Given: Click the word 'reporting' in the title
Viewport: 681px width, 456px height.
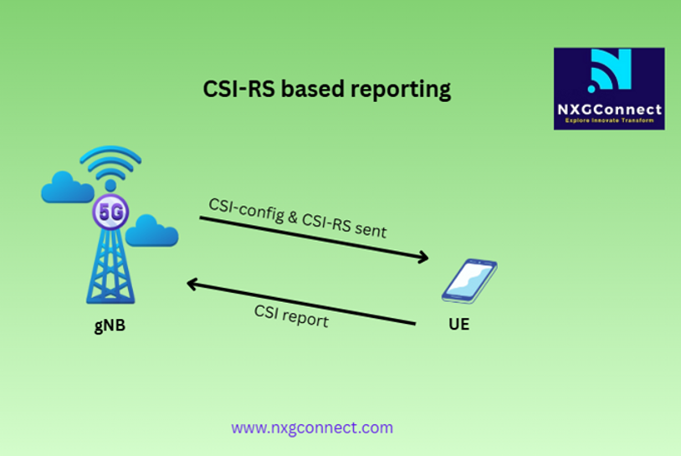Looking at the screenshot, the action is click(x=401, y=90).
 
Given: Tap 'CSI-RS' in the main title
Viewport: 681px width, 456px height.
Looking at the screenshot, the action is click(x=239, y=89).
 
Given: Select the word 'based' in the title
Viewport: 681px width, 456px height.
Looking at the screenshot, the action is click(x=313, y=89).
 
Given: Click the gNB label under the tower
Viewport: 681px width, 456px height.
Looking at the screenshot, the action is click(x=110, y=325).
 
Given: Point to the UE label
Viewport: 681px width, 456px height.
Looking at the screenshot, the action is click(x=459, y=325).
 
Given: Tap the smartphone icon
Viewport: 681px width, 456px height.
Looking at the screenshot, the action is click(x=469, y=281).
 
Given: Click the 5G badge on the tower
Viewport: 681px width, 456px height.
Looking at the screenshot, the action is click(x=110, y=212).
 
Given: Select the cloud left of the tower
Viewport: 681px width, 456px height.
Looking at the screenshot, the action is click(x=67, y=187).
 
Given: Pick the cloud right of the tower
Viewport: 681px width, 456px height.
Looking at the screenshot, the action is click(x=151, y=230).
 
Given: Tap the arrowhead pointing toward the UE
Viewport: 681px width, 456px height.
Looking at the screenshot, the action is click(x=422, y=257).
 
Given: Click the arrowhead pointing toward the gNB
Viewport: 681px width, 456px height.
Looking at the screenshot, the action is click(x=192, y=284).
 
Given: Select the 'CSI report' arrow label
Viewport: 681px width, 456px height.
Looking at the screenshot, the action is click(x=291, y=315).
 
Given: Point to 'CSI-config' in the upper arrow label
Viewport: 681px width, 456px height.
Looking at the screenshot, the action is click(x=246, y=209).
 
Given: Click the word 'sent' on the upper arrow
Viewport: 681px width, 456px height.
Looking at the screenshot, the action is click(x=371, y=229).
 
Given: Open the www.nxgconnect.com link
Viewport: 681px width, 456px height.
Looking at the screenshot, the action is click(x=312, y=428).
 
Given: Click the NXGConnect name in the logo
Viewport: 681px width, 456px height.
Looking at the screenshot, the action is click(x=609, y=109).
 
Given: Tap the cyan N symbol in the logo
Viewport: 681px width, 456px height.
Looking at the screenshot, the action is click(x=610, y=70).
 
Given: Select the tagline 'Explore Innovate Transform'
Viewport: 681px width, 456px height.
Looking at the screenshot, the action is click(x=609, y=120).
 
